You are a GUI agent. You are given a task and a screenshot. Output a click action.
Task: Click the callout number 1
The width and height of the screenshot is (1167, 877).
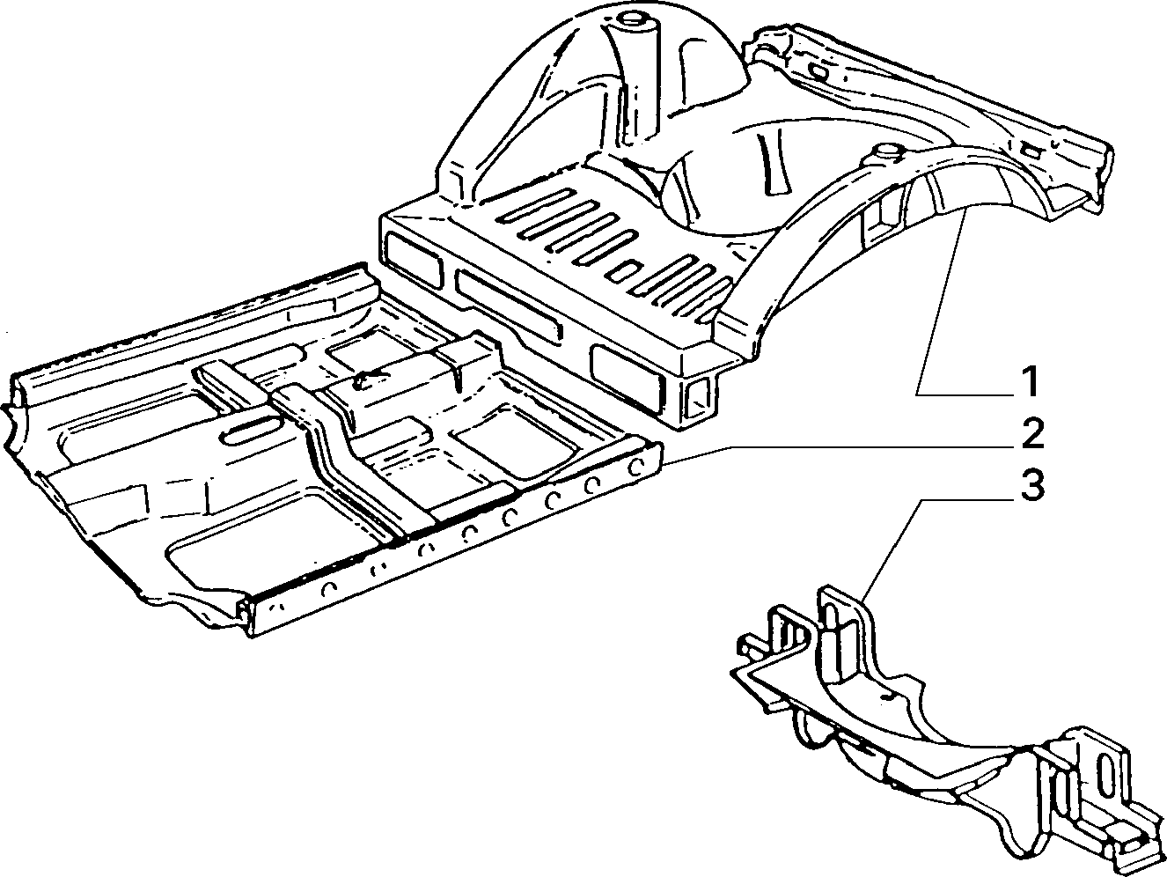point(1030,382)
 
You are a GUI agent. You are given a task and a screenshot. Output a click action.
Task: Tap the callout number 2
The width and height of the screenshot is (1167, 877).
point(1030,436)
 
